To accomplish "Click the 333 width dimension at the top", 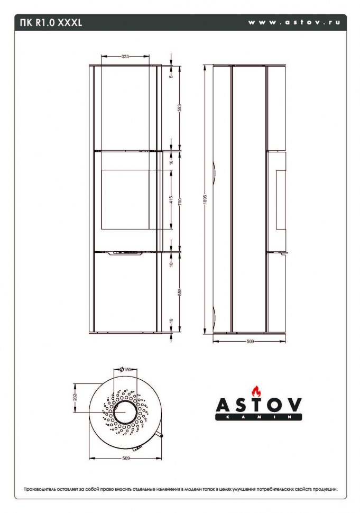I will (125, 56).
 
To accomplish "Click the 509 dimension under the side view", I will (250, 342).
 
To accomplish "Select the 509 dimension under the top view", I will (126, 458).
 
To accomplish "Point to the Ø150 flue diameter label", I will (125, 369).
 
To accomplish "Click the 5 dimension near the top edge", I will (171, 76).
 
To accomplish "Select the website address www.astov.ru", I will (294, 23).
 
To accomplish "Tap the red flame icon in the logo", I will (257, 391).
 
